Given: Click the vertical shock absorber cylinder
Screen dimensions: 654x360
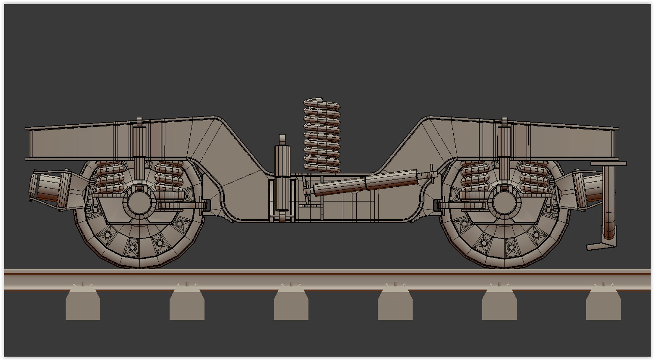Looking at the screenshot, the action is pos(282,177).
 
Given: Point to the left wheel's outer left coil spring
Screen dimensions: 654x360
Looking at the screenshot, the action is pos(108,177).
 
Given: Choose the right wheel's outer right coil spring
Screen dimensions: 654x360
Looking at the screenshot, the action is pos(534,177).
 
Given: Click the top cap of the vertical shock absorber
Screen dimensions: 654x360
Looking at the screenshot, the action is pos(282,139).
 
